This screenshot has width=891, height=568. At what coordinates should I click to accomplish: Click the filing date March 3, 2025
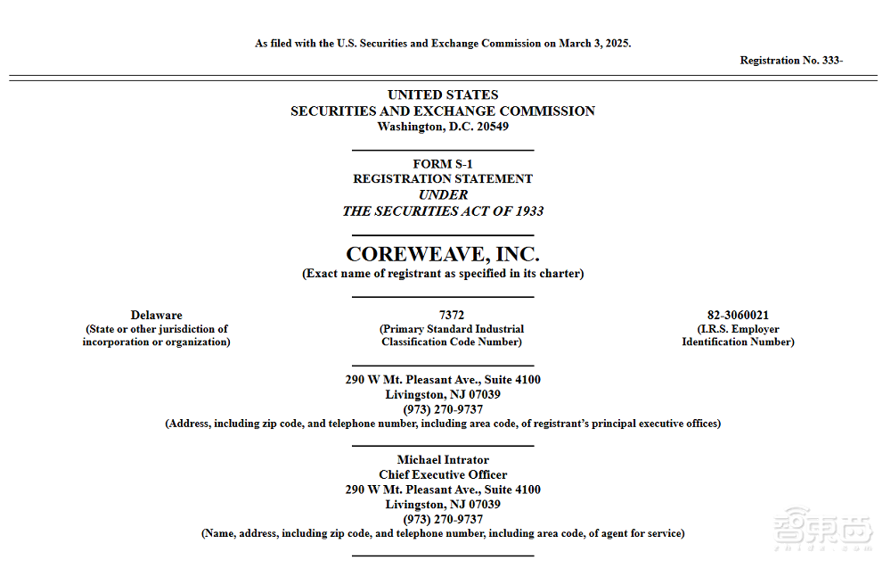594,44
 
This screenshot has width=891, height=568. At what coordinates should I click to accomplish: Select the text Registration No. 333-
791,61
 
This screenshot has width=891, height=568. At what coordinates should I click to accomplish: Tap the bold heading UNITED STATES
443,95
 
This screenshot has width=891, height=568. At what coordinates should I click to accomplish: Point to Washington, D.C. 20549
443,127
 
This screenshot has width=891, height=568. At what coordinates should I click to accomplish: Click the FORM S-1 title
443,164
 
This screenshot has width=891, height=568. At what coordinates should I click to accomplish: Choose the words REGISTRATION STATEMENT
443,179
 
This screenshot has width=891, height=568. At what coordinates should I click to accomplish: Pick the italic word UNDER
443,194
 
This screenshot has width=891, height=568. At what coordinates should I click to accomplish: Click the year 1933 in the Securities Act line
527,211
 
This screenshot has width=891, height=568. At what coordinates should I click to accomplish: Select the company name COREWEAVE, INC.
443,254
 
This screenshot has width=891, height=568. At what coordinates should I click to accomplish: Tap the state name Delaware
156,315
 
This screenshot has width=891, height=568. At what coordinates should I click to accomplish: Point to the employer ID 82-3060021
738,315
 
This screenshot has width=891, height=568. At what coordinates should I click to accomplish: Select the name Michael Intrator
443,460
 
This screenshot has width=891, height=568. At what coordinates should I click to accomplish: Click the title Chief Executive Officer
443,475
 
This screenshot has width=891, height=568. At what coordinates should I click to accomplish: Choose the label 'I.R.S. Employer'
738,329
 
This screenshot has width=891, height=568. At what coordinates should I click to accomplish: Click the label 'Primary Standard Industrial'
452,329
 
